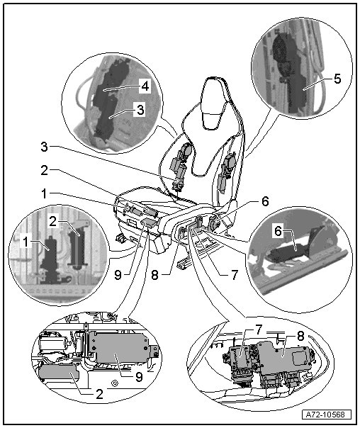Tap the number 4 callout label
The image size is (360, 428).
point(145,86)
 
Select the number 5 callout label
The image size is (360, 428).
point(337,79)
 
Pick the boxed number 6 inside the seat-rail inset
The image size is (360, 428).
point(278,231)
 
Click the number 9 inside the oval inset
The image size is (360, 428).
point(139,377)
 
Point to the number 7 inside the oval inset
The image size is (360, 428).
point(259,330)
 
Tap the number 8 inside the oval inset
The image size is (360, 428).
point(300,336)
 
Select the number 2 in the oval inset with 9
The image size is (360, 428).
point(99,394)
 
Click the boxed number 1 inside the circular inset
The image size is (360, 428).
point(26,242)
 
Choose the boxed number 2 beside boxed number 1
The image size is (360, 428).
point(53,221)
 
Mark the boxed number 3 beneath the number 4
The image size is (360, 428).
point(140,110)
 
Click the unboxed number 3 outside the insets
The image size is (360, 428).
point(44,147)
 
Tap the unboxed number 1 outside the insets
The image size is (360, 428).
point(44,193)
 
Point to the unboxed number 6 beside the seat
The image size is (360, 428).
point(265,201)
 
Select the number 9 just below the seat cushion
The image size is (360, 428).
point(118,275)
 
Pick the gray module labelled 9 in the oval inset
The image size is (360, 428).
point(119,347)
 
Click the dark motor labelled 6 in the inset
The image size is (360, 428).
point(288,250)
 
